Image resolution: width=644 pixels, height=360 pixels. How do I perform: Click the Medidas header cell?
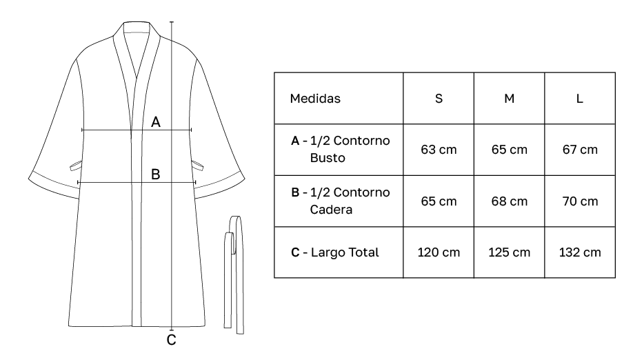[x=315, y=98]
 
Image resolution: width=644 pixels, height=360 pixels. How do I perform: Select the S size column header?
[x=439, y=98]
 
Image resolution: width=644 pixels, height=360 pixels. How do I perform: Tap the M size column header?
[x=509, y=98]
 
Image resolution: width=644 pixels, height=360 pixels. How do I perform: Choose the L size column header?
[x=580, y=98]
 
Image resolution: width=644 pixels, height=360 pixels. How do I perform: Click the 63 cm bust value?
[x=439, y=150]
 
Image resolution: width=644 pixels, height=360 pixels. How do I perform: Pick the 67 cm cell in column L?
[x=580, y=150]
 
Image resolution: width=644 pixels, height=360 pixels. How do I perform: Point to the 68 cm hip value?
[x=509, y=201]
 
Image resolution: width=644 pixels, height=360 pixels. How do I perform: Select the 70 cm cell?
[x=580, y=201]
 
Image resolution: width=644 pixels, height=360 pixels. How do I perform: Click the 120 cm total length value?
[x=439, y=252]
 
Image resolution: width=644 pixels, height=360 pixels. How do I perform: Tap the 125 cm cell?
[x=509, y=252]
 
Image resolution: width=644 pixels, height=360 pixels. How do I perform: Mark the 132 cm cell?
[x=580, y=252]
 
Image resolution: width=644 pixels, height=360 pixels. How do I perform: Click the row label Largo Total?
[x=335, y=252]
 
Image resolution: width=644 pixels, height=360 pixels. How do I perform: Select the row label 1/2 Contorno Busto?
[x=341, y=149]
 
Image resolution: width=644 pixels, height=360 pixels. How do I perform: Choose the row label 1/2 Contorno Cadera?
[x=341, y=200]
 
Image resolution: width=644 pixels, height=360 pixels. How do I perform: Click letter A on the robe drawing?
[x=156, y=122]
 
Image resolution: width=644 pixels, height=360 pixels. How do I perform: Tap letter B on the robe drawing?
[x=156, y=175]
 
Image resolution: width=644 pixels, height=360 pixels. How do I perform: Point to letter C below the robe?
[x=172, y=340]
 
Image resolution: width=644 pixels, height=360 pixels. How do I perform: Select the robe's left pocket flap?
[x=76, y=164]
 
